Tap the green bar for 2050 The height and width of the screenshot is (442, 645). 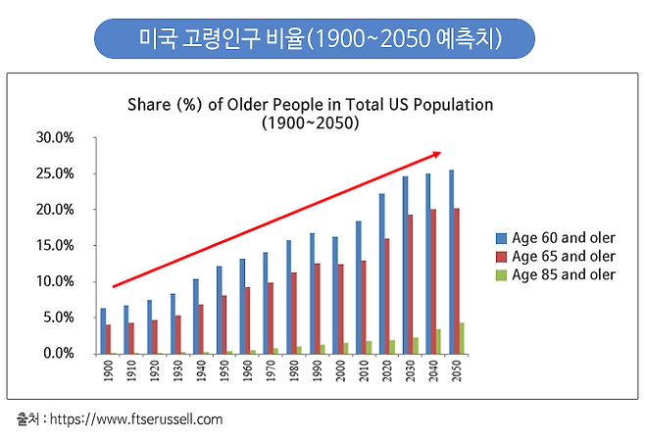(x=461, y=338)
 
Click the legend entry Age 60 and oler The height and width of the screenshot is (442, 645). (x=559, y=237)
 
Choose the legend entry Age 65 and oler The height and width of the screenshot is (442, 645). (x=559, y=256)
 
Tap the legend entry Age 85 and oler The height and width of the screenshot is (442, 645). (x=559, y=274)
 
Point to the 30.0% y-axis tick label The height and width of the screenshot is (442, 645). (x=56, y=137)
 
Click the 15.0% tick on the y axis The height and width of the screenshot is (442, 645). (x=56, y=245)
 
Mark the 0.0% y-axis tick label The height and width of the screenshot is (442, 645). (x=59, y=353)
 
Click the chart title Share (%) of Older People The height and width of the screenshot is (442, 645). (x=310, y=104)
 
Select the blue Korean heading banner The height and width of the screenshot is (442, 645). (x=314, y=39)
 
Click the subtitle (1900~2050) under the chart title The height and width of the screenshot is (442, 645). (x=310, y=123)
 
